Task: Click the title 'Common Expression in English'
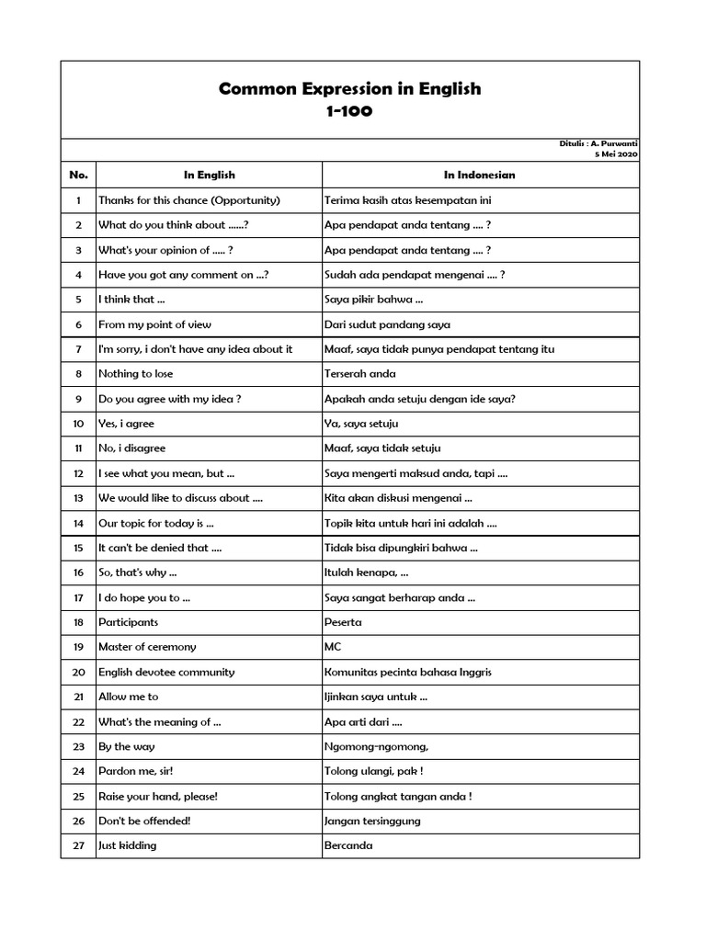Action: coord(349,89)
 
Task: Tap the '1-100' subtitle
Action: coord(349,112)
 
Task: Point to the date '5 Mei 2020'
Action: coord(616,154)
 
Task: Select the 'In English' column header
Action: coord(209,175)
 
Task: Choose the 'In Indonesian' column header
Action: coord(479,175)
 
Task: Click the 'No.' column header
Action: coord(78,175)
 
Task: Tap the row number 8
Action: coord(78,374)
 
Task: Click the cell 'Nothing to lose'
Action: coord(135,374)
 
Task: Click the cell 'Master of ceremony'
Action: coord(147,647)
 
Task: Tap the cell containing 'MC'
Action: coord(333,647)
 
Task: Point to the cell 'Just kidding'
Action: coord(128,845)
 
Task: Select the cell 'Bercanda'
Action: coord(348,845)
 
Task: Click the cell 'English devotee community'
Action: coord(166,672)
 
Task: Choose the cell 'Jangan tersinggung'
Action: coord(372,821)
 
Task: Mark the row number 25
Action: coord(78,796)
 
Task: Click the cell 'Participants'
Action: coord(129,622)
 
